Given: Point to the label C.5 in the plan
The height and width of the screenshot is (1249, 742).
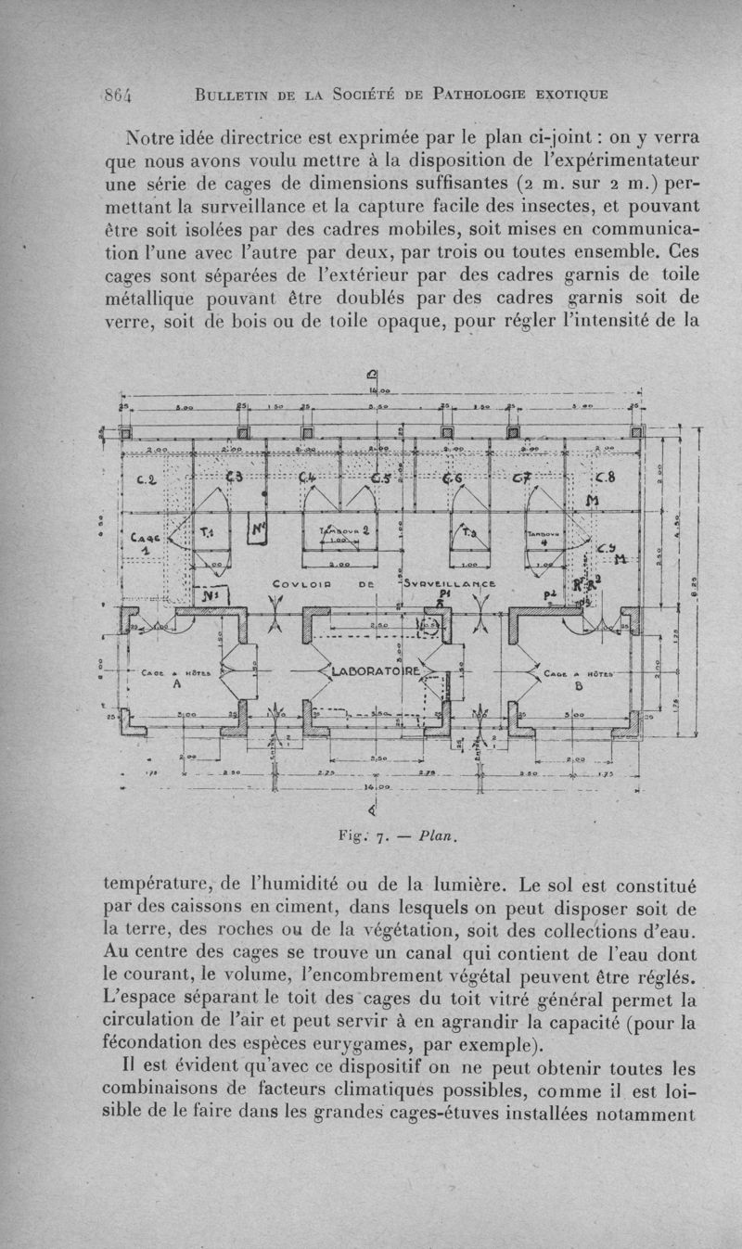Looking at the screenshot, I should pos(381,478).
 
